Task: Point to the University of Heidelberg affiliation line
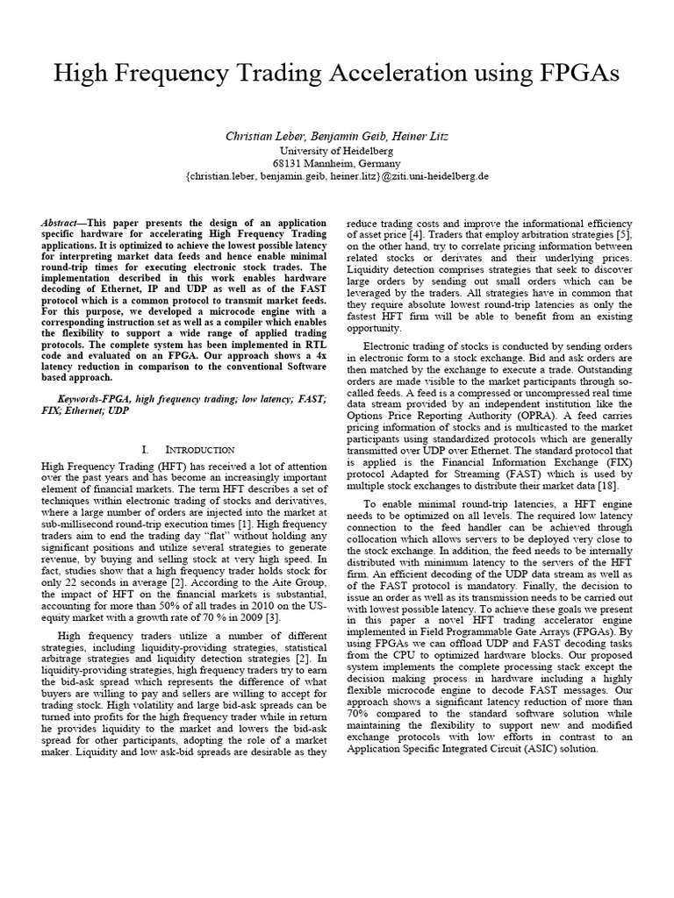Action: tap(337, 151)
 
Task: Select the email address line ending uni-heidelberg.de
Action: tap(337, 175)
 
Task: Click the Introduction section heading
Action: tap(199, 449)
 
